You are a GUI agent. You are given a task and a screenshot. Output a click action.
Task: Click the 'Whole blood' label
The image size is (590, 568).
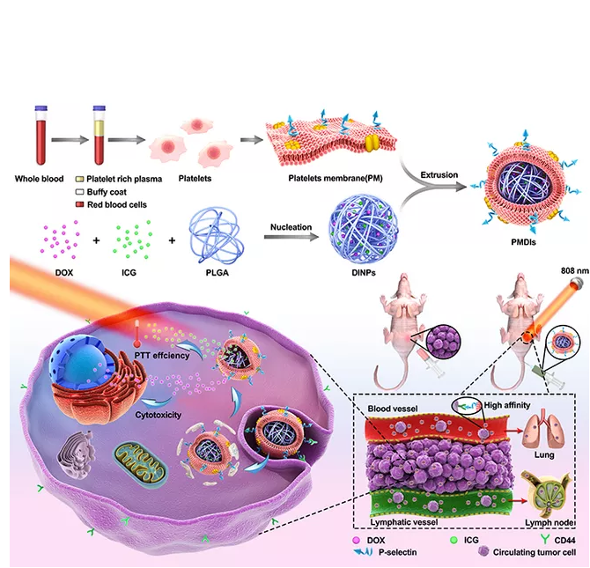tap(39, 179)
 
